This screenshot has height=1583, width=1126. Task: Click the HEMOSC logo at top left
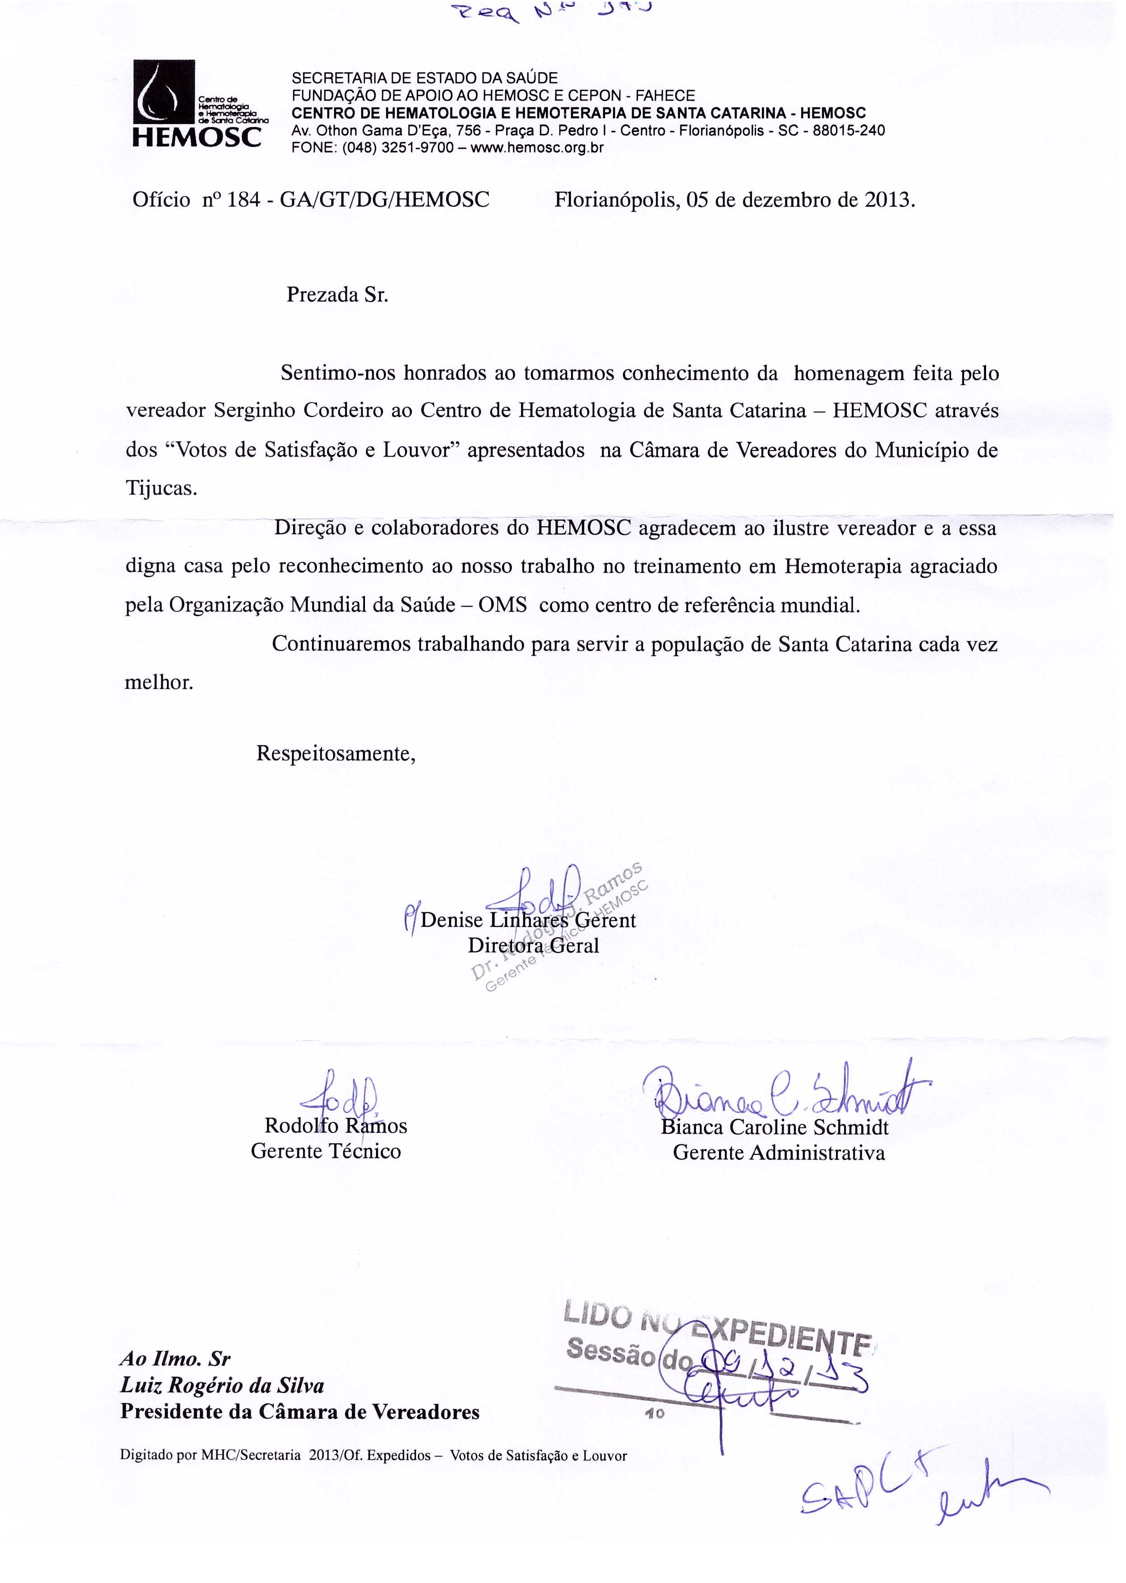coord(196,104)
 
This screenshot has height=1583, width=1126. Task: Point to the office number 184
coord(243,200)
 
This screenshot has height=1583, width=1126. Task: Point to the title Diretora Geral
coord(533,946)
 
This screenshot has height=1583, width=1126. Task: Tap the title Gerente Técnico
coord(326,1151)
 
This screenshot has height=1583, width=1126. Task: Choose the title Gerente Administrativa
coord(779,1153)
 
